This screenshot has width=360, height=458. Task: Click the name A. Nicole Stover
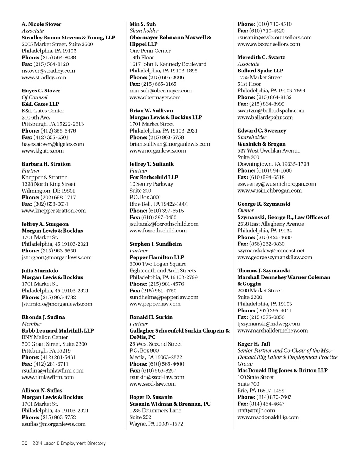pos(41,24)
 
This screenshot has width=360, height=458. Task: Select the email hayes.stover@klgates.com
pos(53,144)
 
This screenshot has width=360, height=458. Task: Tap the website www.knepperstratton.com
pos(54,211)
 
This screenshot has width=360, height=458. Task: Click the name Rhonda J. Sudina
pos(43,317)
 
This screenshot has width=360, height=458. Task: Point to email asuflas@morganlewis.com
pos(54,424)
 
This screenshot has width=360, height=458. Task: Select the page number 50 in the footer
pos(25,443)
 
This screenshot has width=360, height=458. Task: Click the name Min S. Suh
pos(143,24)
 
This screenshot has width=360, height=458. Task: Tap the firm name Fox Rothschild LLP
pos(154,178)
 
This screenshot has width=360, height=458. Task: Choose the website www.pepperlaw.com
pos(155,304)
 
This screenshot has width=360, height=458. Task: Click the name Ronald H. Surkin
pos(151,317)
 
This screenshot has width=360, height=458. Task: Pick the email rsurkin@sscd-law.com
pos(157,377)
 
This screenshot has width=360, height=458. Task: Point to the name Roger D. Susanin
pos(151,397)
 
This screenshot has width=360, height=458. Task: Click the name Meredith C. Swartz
pos(261,57)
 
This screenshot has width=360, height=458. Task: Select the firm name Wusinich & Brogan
pos(262,144)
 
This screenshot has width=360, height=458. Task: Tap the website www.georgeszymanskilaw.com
pos(275,257)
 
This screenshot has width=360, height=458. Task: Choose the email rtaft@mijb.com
pos(256,411)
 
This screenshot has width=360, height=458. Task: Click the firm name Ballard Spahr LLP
pos(260,71)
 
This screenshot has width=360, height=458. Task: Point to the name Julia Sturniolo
pos(40,271)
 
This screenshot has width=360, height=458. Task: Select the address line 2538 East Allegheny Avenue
pos(271,224)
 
